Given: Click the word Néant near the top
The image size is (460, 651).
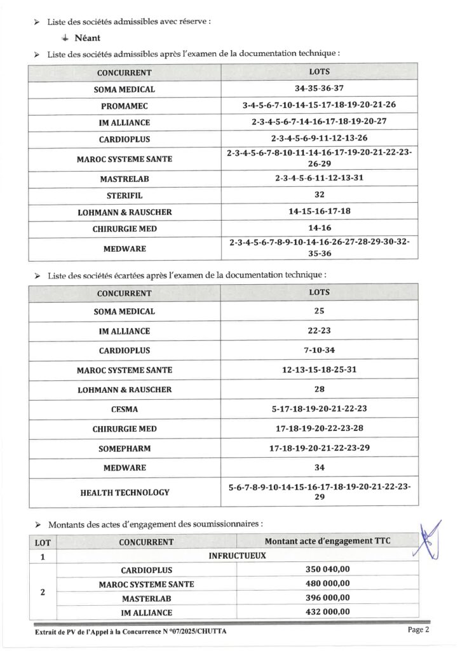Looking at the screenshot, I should click(87, 38).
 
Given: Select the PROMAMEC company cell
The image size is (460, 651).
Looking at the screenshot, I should click(124, 106).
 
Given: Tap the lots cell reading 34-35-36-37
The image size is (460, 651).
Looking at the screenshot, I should click(319, 89).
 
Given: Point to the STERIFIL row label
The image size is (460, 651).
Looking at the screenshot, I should click(124, 195).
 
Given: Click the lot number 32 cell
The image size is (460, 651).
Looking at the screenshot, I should click(319, 195).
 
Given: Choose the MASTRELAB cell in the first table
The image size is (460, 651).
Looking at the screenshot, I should click(124, 179).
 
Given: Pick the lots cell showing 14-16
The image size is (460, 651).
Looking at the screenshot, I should click(319, 228).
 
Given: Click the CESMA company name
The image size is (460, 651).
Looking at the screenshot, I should click(124, 409).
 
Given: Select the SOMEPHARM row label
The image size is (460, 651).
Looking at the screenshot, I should click(124, 448).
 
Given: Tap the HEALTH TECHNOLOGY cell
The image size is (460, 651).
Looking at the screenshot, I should click(124, 492).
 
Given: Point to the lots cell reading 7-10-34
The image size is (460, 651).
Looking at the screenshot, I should click(319, 351).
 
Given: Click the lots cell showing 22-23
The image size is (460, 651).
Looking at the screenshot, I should click(319, 331).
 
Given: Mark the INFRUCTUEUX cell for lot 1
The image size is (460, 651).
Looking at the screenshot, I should click(237, 556).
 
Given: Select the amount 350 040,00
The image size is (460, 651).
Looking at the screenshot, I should click(328, 570).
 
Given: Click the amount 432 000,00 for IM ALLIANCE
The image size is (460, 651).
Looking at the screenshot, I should click(328, 612).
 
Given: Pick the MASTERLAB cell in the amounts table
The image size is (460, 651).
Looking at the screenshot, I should click(146, 598).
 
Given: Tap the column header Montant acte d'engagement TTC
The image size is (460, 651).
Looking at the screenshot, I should click(327, 542).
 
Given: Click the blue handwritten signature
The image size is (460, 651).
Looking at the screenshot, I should click(431, 540).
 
